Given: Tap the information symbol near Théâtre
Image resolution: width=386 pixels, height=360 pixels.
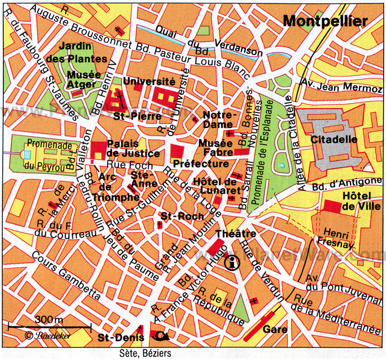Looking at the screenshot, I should coord(233,263).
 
